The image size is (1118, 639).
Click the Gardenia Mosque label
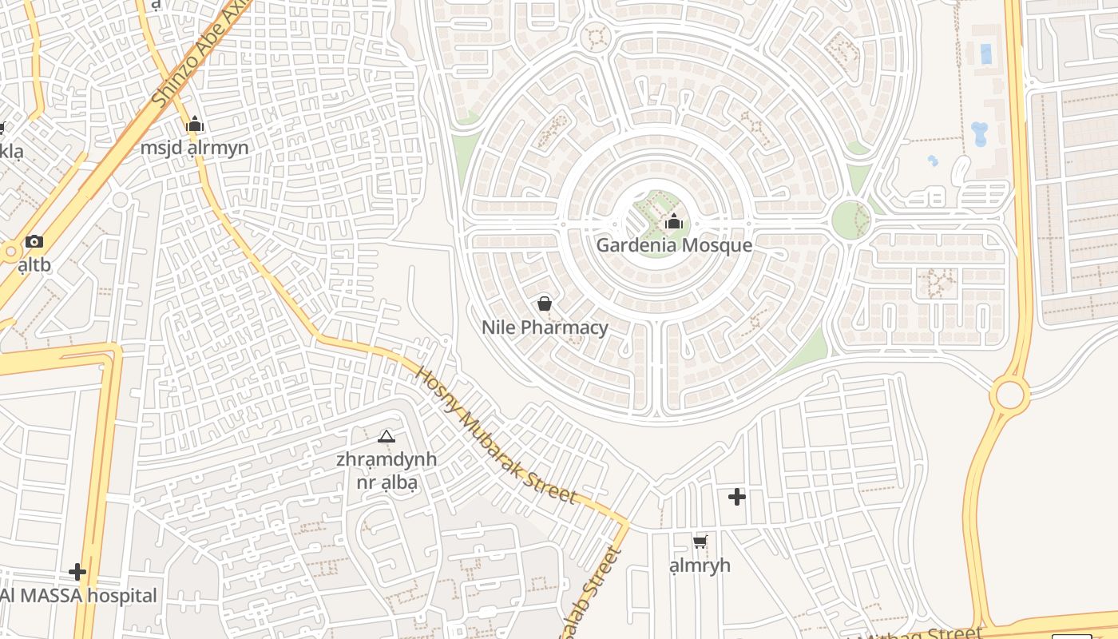[x=674, y=245]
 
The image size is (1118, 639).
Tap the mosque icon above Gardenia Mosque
[x=674, y=221]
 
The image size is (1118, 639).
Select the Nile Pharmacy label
[x=545, y=327]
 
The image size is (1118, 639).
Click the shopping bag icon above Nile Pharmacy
[x=545, y=304]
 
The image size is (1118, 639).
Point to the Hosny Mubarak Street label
[x=496, y=435]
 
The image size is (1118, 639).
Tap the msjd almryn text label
[x=194, y=149]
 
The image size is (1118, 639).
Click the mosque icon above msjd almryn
[x=194, y=125]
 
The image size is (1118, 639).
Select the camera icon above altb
[x=34, y=241]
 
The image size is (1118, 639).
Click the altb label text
[x=34, y=265]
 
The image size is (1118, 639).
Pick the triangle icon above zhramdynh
[x=387, y=436]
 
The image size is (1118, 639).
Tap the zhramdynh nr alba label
[x=387, y=470]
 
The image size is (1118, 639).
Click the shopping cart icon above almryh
[x=700, y=542]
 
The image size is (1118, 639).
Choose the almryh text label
[x=700, y=566]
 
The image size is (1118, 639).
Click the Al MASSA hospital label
[x=78, y=596]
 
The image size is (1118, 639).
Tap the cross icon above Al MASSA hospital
[x=77, y=572]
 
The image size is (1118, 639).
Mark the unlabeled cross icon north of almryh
[x=736, y=497]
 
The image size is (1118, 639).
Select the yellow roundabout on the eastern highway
[x=1010, y=395]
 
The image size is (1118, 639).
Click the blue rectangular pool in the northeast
[x=985, y=54]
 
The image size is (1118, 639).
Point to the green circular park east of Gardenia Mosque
[x=851, y=220]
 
